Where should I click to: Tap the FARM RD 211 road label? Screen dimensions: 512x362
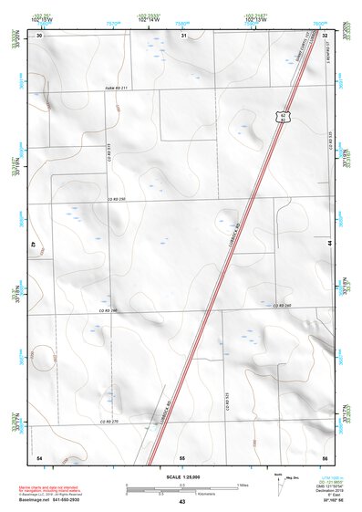tap(113, 89)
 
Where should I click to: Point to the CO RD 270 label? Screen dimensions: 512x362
tap(110, 422)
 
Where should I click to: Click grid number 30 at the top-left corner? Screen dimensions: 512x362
tap(39, 35)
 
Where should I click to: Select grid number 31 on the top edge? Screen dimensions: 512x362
tap(182, 35)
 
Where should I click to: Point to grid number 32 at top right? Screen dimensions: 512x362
tap(325, 35)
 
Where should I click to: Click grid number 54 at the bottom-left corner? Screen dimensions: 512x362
tap(39, 455)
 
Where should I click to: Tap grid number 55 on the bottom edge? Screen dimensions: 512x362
tap(182, 455)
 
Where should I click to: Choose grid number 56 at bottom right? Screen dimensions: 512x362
tap(325, 455)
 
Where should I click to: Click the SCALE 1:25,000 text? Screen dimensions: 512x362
tap(182, 476)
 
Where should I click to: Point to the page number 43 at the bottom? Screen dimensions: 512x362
tap(182, 501)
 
